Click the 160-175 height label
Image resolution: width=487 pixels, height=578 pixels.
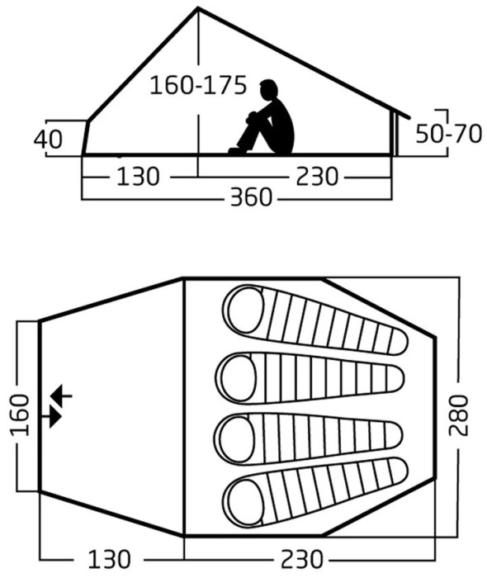[x=198, y=86]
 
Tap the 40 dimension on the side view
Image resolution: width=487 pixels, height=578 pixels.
[x=48, y=140]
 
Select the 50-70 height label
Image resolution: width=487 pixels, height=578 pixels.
[x=449, y=134]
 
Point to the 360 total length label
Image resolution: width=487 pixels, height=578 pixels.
[x=251, y=197]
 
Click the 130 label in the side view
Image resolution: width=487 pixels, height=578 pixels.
[x=139, y=176]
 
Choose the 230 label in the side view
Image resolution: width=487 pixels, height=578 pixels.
[x=317, y=176]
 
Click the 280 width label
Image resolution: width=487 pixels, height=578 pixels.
[x=459, y=415]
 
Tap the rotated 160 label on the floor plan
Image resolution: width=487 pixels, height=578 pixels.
[x=20, y=415]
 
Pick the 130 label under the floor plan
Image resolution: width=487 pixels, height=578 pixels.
[x=110, y=559]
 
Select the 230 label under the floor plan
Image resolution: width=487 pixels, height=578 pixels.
[x=302, y=559]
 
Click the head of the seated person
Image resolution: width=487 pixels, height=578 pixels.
[x=268, y=89]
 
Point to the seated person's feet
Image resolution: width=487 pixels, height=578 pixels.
[x=236, y=150]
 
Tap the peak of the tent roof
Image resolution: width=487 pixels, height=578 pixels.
[x=198, y=8]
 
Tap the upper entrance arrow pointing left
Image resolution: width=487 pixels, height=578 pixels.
[x=61, y=396]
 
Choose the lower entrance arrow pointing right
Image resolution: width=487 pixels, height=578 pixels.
[x=51, y=417]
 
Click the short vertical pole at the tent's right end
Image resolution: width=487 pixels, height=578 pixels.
[x=394, y=134]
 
